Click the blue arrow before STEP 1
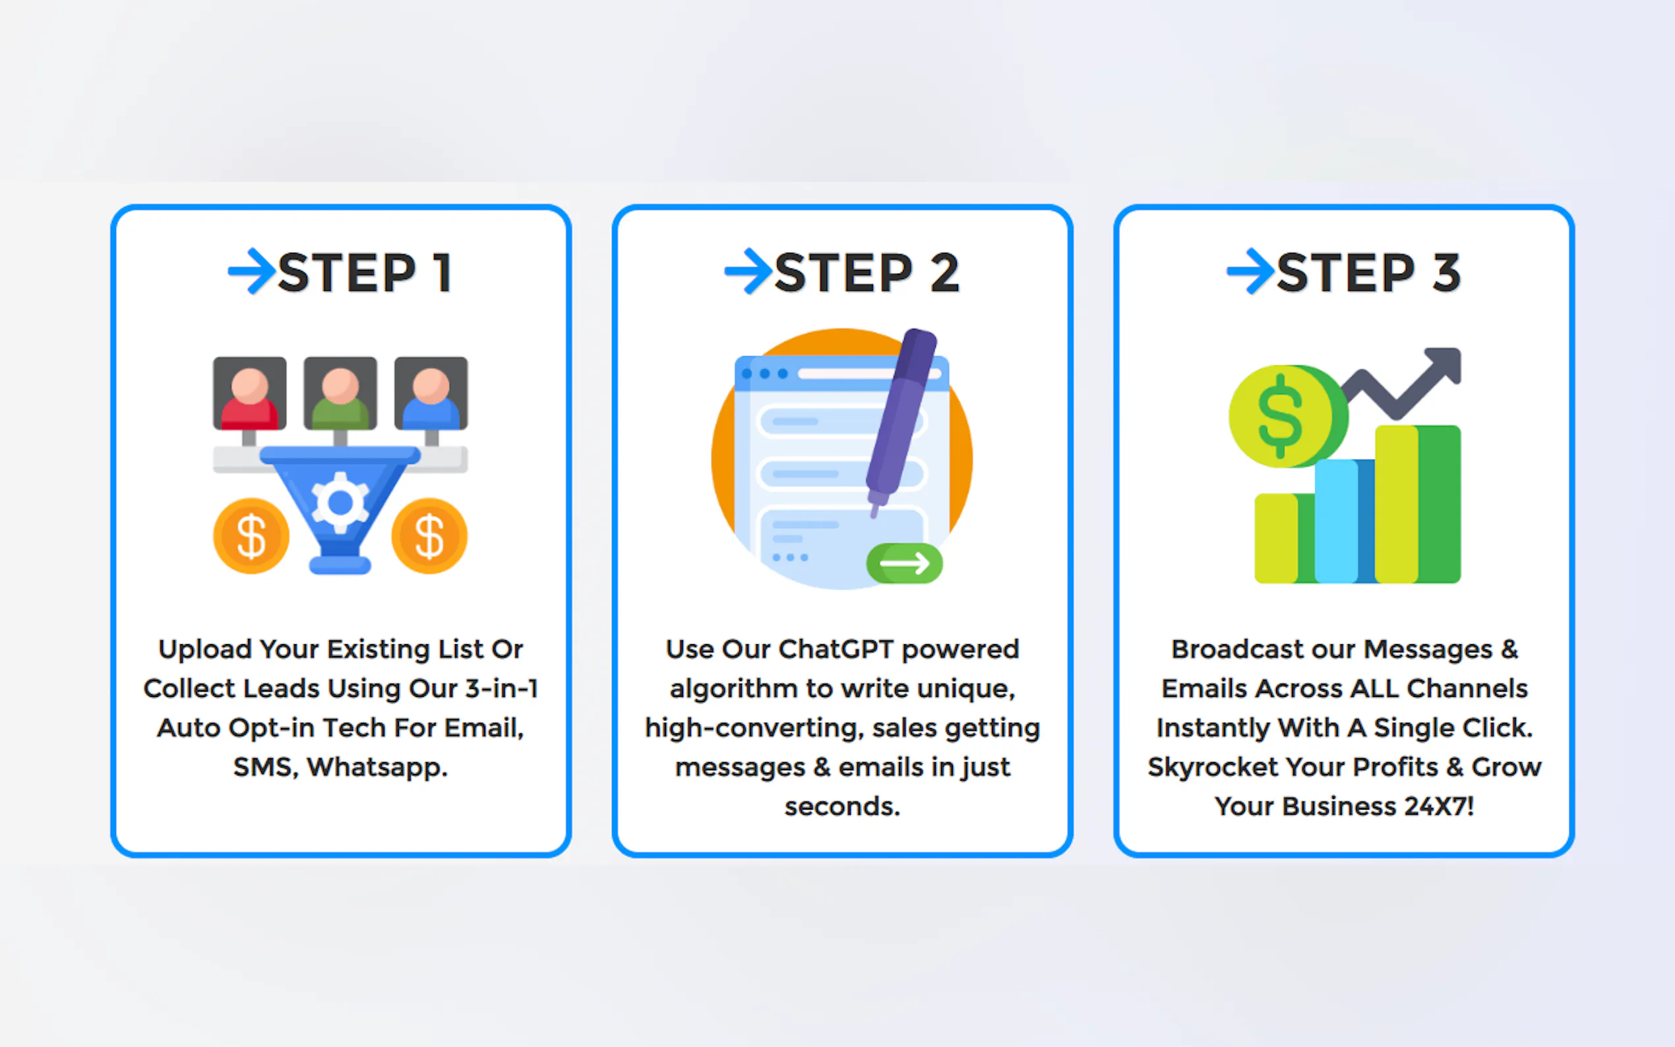tap(252, 271)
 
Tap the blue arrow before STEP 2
tap(748, 271)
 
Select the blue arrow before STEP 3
tap(1250, 271)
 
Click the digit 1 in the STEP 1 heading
tap(442, 272)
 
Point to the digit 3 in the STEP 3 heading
tap(1446, 272)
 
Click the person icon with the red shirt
tap(249, 394)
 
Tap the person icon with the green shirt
tap(340, 394)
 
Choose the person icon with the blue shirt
tap(431, 394)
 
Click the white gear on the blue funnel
tap(340, 502)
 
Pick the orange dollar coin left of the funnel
tap(251, 536)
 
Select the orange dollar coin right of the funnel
tap(429, 536)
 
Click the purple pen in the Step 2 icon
tap(901, 423)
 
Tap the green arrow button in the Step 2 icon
tap(904, 563)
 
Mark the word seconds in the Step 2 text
tap(842, 807)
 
